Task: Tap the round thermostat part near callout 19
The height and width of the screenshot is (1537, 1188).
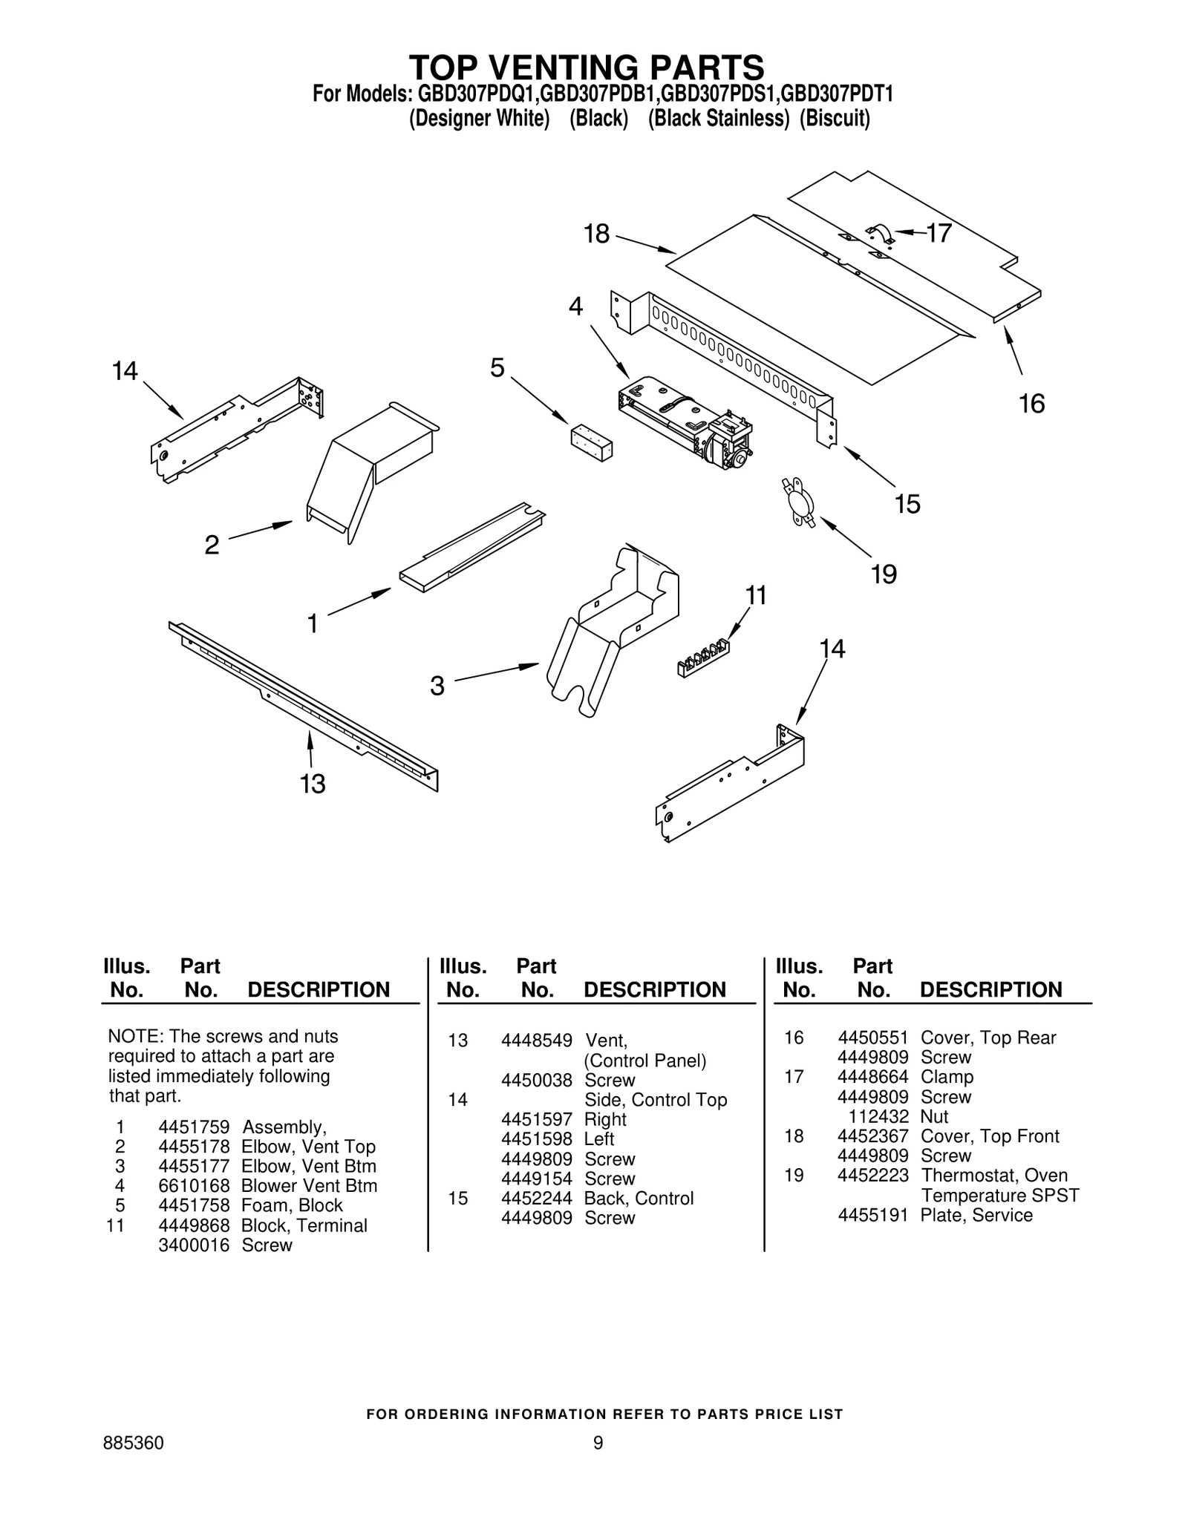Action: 798,504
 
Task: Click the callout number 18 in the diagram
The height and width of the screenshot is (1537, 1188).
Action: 596,234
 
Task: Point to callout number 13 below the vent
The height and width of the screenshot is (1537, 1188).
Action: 313,784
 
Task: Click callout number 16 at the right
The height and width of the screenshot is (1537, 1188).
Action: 1031,404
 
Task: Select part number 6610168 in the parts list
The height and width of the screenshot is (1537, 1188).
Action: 194,1186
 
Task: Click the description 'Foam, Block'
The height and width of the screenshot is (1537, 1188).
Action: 292,1205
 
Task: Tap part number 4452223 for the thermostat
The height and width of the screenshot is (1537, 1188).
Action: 872,1176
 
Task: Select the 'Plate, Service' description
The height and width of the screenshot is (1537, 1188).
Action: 976,1215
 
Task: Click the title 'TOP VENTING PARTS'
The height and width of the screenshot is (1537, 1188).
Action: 587,68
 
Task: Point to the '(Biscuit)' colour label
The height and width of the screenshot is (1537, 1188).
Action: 834,119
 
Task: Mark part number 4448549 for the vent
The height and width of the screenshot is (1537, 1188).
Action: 536,1040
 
